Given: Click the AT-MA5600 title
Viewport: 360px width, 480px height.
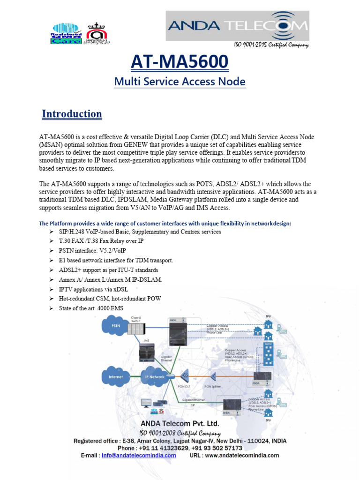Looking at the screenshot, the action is pos(180,61).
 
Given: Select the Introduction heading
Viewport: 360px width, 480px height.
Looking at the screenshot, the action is pos(72,114).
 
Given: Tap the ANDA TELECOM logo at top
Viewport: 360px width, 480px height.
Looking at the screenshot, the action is pos(238,26).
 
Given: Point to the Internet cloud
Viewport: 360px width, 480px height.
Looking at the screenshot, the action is pos(115,376).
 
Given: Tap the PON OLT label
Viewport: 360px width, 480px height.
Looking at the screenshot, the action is pos(184,387).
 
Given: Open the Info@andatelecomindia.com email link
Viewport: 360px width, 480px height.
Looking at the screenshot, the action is pos(139,455).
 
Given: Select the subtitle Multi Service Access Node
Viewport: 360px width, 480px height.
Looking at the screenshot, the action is pos(180,82).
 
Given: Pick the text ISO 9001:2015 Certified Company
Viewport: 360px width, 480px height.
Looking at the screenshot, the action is pos(271,45).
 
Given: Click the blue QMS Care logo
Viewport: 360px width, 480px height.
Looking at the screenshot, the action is pos(67,34).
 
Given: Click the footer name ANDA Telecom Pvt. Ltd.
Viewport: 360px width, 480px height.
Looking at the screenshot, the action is pos(180,424).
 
